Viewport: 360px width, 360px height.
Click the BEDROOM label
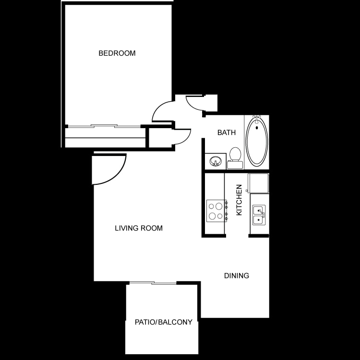pyautogui.click(x=117, y=53)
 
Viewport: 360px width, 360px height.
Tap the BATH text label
pyautogui.click(x=226, y=132)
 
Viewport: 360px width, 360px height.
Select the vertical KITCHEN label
pyautogui.click(x=239, y=200)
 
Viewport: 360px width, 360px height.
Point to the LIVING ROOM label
pyautogui.click(x=138, y=228)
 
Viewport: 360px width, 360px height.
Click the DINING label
pyautogui.click(x=237, y=276)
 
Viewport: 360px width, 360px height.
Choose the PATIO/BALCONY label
pyautogui.click(x=163, y=322)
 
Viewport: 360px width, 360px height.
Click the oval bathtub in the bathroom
pyautogui.click(x=257, y=142)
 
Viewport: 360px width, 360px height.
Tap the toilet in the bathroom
pyautogui.click(x=235, y=155)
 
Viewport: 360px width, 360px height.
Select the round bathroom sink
pyautogui.click(x=216, y=160)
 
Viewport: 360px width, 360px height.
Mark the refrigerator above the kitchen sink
pyautogui.click(x=258, y=183)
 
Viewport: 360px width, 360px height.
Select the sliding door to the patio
pyautogui.click(x=152, y=283)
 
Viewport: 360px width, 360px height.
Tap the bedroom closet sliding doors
pyautogui.click(x=104, y=126)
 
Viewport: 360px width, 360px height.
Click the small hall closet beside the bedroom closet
pyautogui.click(x=158, y=137)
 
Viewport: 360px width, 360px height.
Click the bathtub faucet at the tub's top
pyautogui.click(x=257, y=117)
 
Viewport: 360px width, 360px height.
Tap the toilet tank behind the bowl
pyautogui.click(x=235, y=165)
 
